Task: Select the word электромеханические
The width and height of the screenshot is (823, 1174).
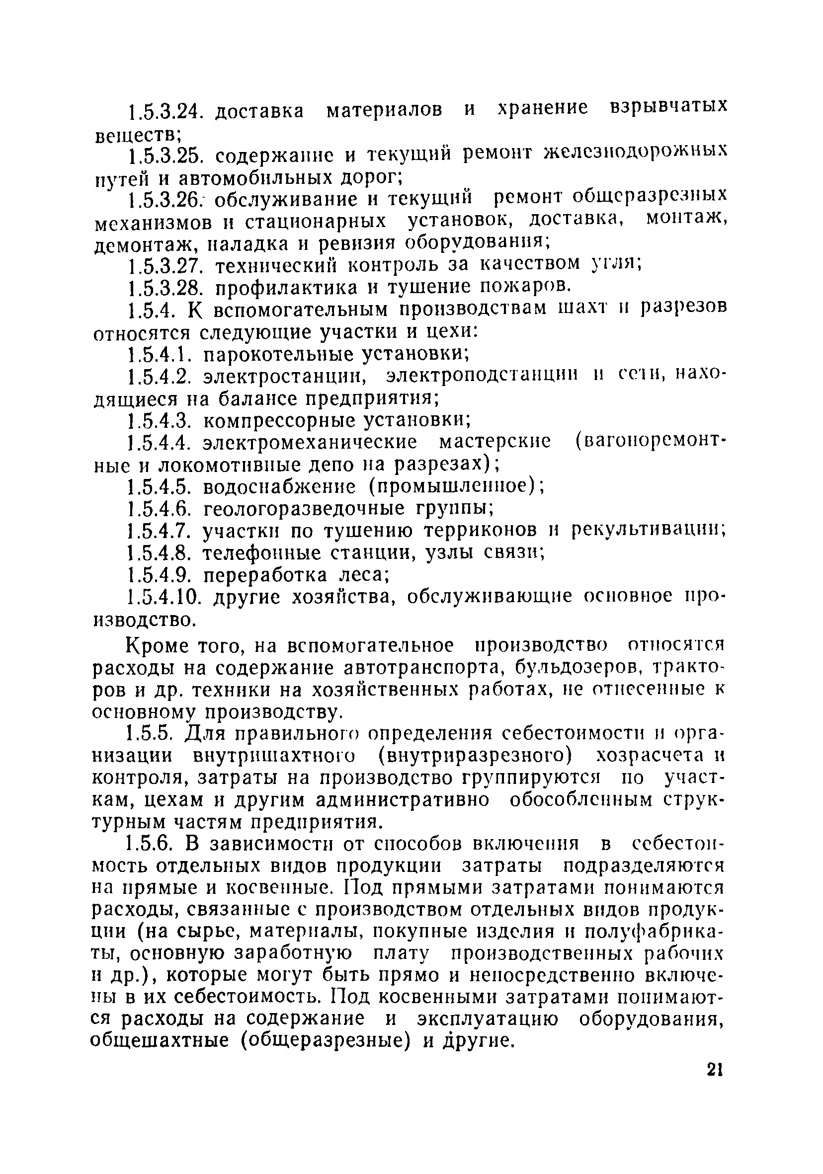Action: click(x=310, y=443)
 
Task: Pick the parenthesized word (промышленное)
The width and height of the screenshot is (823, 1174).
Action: click(x=457, y=486)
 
